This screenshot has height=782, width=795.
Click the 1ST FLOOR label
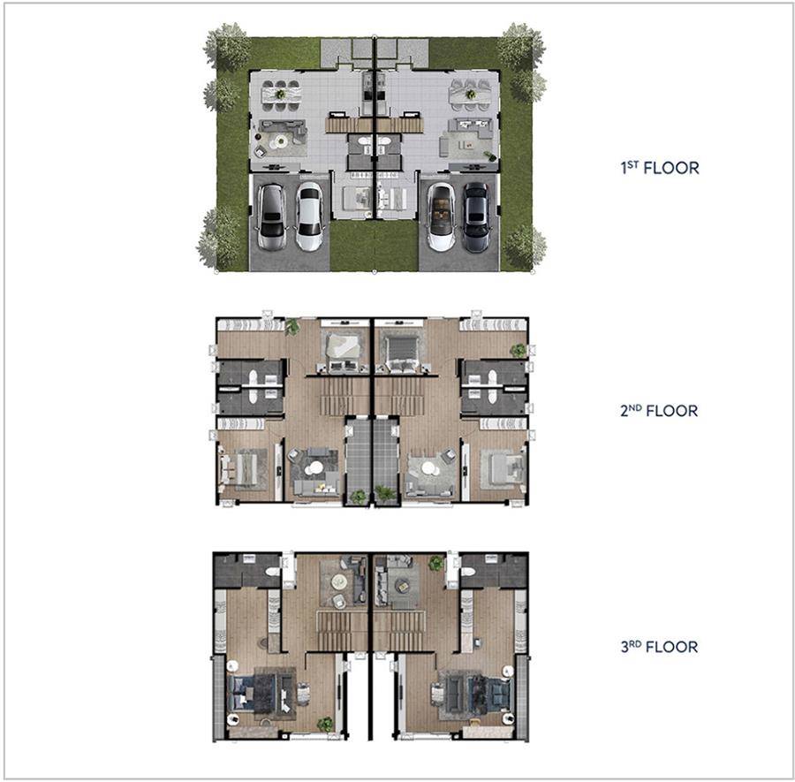coord(660,168)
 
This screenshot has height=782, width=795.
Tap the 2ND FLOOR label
coord(659,410)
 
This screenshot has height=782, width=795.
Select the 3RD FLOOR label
coord(659,647)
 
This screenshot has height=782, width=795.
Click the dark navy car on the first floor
coord(476,217)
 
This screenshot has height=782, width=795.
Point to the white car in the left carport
coord(308,216)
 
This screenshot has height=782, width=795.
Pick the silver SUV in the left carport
coord(272,217)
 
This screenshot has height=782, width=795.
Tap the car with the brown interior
coord(440,217)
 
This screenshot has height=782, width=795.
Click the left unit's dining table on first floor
coord(281,95)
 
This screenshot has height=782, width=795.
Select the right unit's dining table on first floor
coord(470,95)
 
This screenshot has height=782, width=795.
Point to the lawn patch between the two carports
coord(375,246)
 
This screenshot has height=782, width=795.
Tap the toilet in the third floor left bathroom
coord(273,571)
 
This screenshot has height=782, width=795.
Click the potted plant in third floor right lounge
coord(436,563)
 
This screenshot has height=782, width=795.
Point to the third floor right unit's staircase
coord(399,630)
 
